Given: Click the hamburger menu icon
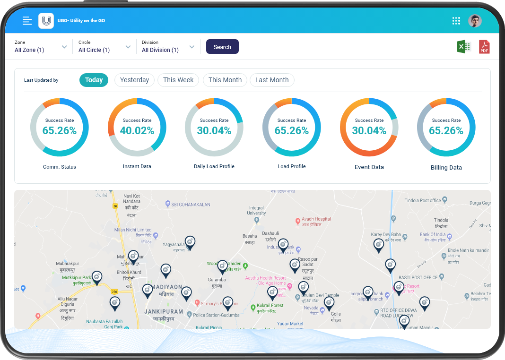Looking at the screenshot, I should click(27, 21).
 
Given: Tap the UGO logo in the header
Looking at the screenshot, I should click(46, 21).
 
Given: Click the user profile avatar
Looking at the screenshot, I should click(475, 21).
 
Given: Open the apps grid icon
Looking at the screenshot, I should click(456, 21).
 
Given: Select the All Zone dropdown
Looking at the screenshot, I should click(41, 47).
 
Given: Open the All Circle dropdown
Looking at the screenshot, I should click(104, 47).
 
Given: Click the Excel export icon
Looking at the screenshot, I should click(464, 47).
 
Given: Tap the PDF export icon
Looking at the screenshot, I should click(484, 47).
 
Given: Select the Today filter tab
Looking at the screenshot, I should click(94, 80).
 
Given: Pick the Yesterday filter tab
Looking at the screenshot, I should click(134, 80).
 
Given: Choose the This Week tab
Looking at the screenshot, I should click(178, 80).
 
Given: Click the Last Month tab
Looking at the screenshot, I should click(272, 80).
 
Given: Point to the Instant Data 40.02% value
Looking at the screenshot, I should click(137, 131).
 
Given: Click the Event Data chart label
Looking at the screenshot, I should click(369, 167).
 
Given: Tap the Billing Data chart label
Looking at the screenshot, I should click(446, 167).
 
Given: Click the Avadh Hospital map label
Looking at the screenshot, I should click(316, 219).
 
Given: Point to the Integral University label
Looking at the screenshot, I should click(256, 210).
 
